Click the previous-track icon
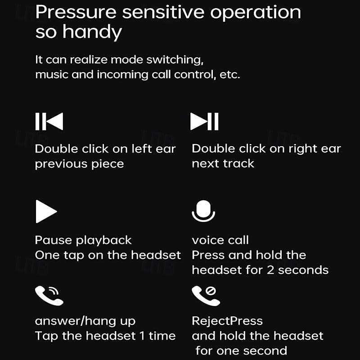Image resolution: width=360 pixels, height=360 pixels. (49, 121)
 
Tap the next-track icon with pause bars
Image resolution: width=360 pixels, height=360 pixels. (204, 121)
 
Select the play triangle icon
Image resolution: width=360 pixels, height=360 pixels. (46, 211)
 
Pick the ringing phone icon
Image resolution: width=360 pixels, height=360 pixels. (49, 296)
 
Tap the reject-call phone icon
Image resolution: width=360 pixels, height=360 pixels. (206, 296)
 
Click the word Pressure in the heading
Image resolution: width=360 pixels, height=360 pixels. (76, 12)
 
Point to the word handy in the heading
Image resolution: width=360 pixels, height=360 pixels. (92, 32)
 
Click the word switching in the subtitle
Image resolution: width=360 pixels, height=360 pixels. (175, 60)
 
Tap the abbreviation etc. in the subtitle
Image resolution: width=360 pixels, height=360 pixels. (230, 75)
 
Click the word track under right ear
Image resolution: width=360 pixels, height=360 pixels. (239, 163)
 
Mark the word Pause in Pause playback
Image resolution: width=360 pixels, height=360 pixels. (54, 240)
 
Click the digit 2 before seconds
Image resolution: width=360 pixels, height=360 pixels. (270, 270)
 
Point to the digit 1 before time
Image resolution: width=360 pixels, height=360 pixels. (142, 336)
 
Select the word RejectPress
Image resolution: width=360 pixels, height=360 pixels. (227, 321)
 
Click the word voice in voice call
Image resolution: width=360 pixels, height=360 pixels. (208, 240)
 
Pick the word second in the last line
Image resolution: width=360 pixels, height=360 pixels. (265, 351)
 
